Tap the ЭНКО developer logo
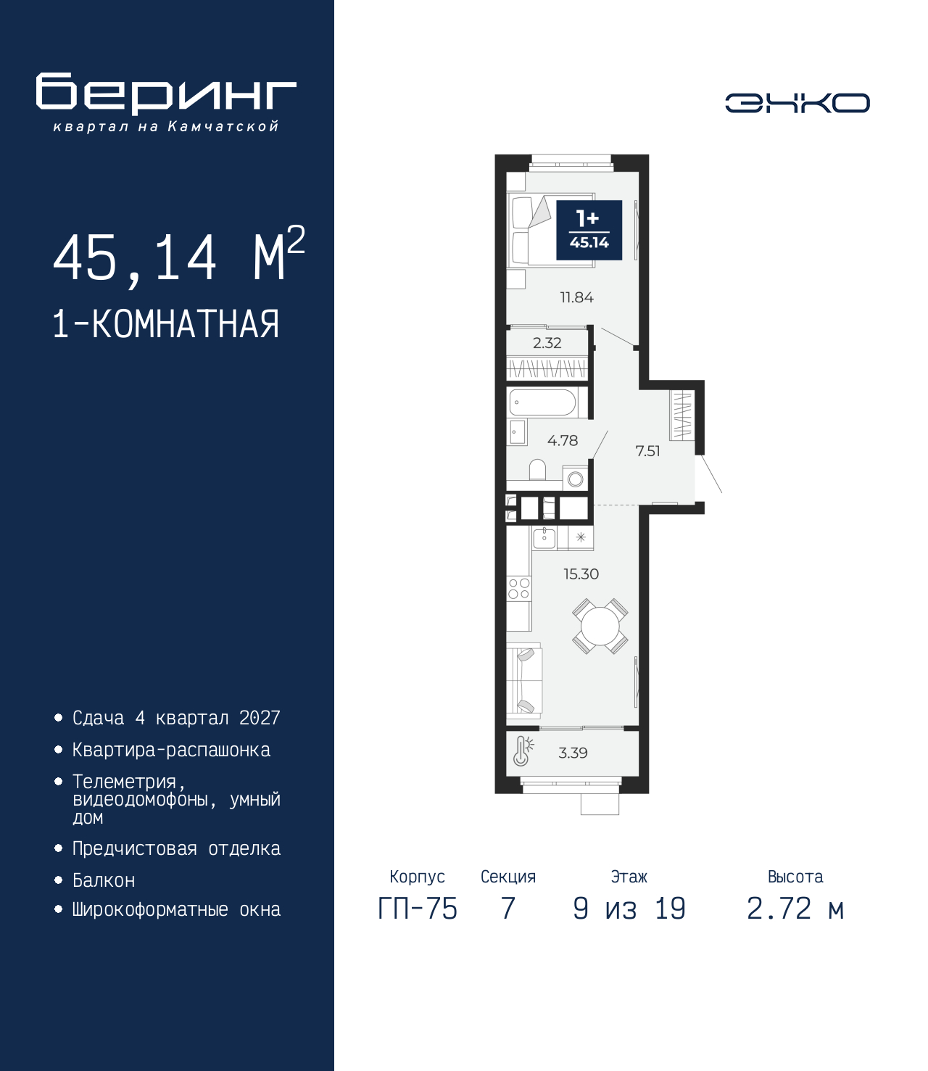pos(797,102)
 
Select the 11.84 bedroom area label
pos(576,297)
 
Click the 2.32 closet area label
pos(547,342)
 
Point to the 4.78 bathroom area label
pos(562,440)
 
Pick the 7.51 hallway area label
pos(647,451)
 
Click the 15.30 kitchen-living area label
pos(581,574)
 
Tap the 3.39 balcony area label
pos(573,753)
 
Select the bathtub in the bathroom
pos(542,402)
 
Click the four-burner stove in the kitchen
pos(518,589)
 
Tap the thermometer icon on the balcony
pos(523,750)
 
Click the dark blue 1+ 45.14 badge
pos(589,230)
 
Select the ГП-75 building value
pos(417,909)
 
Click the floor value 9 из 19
pos(629,909)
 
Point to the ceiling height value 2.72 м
pos(795,909)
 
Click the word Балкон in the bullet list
pos(104,880)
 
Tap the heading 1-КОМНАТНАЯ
pos(166,324)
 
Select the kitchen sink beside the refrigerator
pos(544,538)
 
